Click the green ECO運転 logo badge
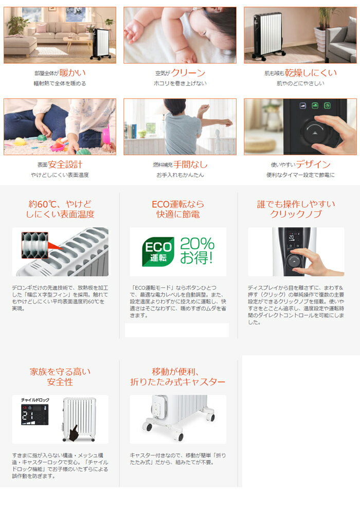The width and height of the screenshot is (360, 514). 158,252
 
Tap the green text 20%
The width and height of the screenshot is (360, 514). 197,244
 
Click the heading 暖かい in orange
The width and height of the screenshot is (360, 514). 73,73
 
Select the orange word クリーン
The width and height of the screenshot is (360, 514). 188,73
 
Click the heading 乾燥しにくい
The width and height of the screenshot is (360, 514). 311,73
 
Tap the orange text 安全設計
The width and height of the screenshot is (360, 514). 65,164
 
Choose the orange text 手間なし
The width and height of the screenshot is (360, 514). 190,164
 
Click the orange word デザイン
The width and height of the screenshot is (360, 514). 313,164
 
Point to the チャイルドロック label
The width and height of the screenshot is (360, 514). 35,400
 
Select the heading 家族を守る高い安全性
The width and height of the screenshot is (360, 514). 60,377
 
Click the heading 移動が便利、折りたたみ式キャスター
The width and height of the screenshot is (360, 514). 178,377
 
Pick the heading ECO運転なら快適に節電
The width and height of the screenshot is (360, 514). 178,209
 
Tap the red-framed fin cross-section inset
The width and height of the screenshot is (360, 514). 35,245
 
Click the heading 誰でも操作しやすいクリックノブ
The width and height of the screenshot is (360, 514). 296,209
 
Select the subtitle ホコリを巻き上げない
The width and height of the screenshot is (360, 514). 180,83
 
